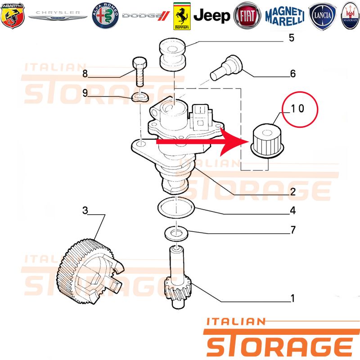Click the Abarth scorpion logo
click(13, 16)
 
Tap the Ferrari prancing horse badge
click(182, 16)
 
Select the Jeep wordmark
click(211, 16)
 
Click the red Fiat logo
click(247, 16)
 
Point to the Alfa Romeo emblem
click(105, 16)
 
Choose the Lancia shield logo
click(322, 16)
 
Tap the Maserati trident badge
click(350, 16)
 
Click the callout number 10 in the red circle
click(297, 108)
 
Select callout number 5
click(291, 38)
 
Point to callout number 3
click(85, 210)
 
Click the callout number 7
click(293, 229)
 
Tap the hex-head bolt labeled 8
click(139, 72)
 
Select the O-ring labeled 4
click(176, 207)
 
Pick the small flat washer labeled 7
click(176, 234)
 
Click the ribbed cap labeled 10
click(268, 142)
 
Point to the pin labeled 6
click(226, 68)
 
